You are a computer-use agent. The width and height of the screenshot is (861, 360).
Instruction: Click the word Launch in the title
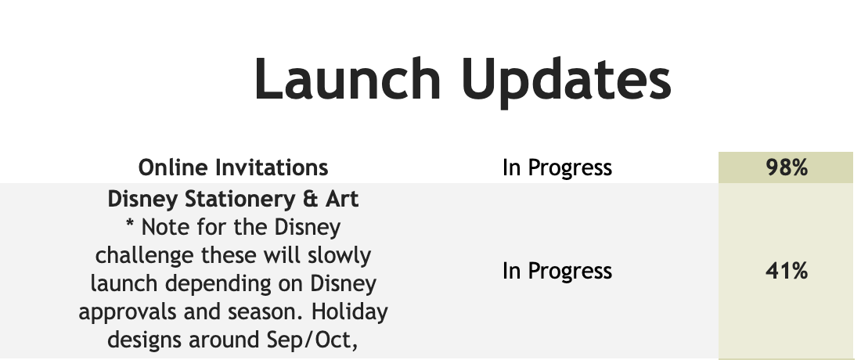348,79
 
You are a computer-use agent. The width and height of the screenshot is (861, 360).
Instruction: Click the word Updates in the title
567,81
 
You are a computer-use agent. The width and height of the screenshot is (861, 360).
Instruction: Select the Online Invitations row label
233,167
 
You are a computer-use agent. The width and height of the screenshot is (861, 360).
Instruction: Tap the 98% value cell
786,167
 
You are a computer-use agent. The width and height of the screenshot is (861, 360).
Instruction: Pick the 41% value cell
786,271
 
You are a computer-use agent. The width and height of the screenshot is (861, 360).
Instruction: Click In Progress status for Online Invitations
557,168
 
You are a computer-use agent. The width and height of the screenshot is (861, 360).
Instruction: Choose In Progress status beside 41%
557,271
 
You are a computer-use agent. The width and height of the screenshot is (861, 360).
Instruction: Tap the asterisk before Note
130,223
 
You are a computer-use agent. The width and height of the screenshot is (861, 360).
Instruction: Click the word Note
165,227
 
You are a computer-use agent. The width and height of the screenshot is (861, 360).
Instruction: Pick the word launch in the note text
124,284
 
